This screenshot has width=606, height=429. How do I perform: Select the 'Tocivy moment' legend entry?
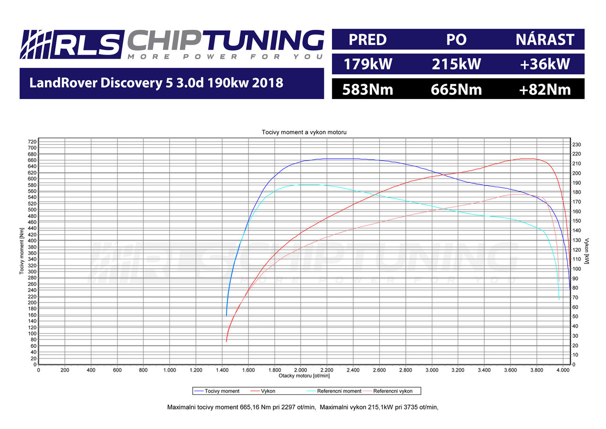tap(222, 391)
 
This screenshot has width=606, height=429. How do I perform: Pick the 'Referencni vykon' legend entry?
tap(392, 391)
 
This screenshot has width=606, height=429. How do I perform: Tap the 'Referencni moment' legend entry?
tap(339, 391)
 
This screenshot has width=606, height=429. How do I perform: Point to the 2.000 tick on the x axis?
tap(301, 370)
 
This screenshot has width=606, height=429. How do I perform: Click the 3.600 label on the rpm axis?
tap(510, 370)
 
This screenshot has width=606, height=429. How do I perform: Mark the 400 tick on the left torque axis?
tap(32, 241)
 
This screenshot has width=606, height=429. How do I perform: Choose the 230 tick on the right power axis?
tap(577, 144)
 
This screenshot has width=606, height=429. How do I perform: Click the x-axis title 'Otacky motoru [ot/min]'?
tap(304, 375)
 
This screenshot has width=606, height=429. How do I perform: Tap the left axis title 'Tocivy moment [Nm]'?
tap(22, 252)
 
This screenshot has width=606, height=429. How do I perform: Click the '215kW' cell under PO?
tap(456, 64)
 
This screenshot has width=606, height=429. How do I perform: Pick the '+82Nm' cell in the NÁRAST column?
tap(544, 89)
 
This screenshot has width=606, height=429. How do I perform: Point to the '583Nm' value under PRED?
tap(368, 89)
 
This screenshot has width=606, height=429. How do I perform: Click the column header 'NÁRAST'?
tap(545, 39)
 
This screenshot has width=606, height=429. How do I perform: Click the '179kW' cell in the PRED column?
tap(368, 64)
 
